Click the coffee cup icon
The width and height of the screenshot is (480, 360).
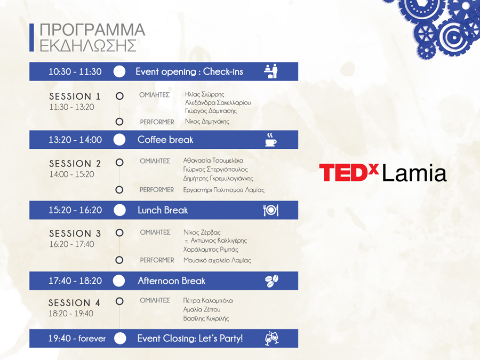pos(270,140)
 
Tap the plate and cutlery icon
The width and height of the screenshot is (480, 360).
pos(271,210)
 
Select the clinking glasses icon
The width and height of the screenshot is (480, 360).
pos(271,338)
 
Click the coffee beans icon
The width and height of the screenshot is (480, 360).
pos(271,281)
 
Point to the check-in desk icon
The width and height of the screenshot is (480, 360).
pos(270,71)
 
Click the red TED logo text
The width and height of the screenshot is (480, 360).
pos(349,172)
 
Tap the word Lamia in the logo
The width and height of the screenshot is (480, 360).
pos(414,173)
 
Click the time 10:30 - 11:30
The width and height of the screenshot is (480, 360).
pos(75,71)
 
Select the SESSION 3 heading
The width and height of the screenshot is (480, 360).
pos(75,234)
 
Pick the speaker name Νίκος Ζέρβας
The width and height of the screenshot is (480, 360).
pos(202,233)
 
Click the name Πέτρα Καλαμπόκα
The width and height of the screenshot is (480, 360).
pos(208,301)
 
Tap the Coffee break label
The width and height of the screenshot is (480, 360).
pos(165,140)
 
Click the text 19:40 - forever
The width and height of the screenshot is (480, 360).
pos(77,338)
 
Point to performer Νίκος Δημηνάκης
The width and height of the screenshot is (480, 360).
pos(207,122)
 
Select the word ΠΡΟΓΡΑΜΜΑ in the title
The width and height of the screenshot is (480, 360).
pos(92,30)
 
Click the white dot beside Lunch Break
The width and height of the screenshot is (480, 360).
pos(119,210)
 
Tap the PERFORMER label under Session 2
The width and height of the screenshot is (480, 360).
pos(157,190)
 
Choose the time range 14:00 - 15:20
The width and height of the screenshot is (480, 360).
pos(72,174)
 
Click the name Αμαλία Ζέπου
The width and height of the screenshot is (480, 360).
pos(202,309)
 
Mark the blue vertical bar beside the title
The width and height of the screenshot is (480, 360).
pos(31,37)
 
